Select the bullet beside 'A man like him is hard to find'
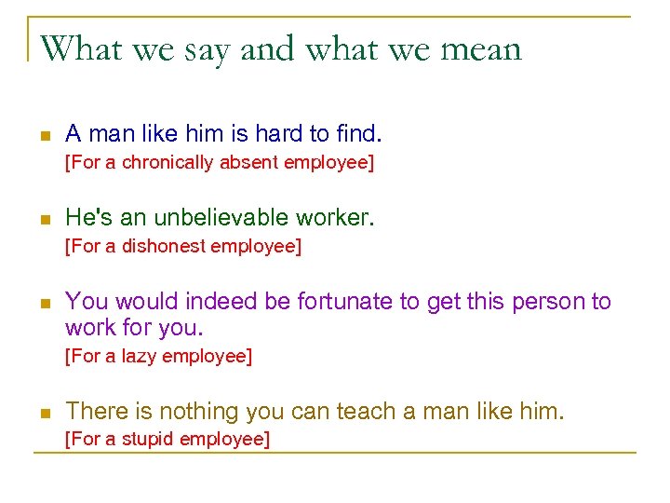43,136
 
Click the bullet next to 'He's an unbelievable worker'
43,221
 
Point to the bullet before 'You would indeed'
43,305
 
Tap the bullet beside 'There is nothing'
43,413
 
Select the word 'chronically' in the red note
168,162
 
